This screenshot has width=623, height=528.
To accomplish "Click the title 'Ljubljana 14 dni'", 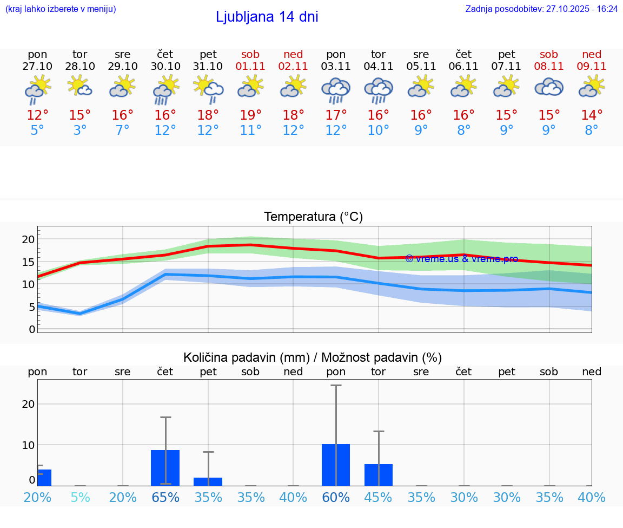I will (x=267, y=17).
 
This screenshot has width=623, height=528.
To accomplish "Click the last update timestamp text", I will (x=541, y=9).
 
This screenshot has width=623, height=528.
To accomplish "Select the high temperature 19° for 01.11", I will (x=250, y=115).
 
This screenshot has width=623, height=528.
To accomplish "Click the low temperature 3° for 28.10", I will (x=80, y=131).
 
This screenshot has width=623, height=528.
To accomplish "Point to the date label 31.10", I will (x=208, y=66).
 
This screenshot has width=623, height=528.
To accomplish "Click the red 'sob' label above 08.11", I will (x=549, y=54).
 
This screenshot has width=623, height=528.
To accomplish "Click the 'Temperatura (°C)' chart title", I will (x=313, y=217).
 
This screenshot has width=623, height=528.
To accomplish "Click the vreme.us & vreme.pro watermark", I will (x=461, y=259).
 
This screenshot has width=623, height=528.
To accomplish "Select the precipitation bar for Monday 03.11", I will (x=336, y=465).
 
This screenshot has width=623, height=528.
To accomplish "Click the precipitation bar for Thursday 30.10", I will (x=165, y=467).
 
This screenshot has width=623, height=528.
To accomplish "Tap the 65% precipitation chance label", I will (x=165, y=498).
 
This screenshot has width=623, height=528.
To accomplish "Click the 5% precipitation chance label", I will (x=80, y=498).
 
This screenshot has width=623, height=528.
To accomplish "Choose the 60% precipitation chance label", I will (x=336, y=498).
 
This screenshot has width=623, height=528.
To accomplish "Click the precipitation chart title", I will (x=313, y=357).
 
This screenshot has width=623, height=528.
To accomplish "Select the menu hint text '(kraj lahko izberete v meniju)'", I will (x=61, y=9).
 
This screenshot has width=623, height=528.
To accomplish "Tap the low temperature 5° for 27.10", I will (x=37, y=131).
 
